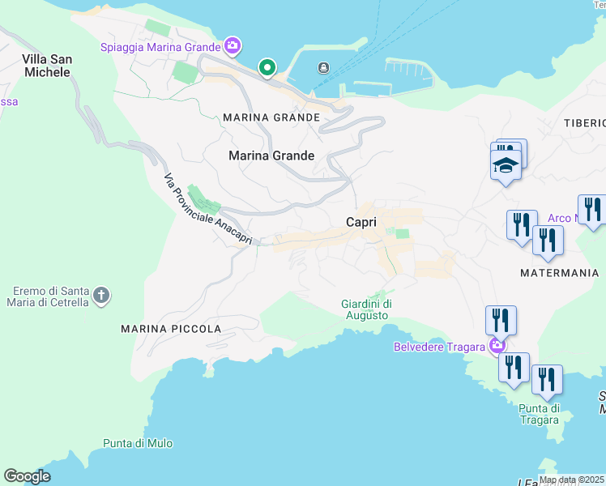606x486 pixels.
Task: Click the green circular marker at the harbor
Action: pos(266,68)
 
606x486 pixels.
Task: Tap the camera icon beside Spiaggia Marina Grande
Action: pos(233,46)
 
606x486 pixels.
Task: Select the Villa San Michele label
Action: pos(46,66)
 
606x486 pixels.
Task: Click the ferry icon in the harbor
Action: pos(323,67)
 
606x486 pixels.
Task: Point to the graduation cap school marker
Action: pos(506,165)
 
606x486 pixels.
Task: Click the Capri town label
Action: pos(361,221)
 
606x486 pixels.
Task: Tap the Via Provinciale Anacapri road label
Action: pos(208,209)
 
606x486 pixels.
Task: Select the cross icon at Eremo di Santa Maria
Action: pos(100,295)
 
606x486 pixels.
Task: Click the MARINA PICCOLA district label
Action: pos(171,329)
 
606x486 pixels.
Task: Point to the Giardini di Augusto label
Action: pos(366,309)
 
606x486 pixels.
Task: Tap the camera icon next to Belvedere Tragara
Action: pos(497,347)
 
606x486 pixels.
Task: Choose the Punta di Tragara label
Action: pos(540,413)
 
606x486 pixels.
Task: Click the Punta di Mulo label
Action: pos(138,443)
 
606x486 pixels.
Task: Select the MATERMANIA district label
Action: pos(560,273)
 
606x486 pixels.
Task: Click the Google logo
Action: pos(27,476)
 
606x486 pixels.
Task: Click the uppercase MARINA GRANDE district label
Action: pos(271,117)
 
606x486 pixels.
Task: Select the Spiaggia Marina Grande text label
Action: pos(160,46)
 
